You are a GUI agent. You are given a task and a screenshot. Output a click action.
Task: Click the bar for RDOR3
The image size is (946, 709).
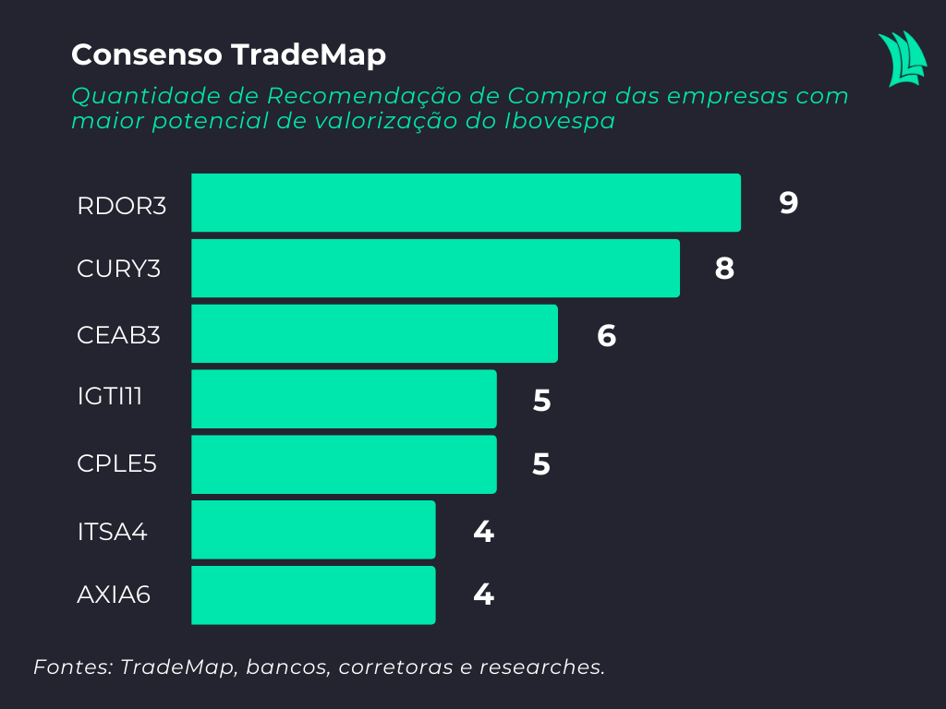(466, 202)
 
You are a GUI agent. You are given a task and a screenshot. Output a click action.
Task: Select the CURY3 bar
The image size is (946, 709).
(435, 268)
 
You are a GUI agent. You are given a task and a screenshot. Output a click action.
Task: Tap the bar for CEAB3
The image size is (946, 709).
(374, 333)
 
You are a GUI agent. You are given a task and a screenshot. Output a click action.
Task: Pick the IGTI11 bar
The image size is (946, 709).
(344, 399)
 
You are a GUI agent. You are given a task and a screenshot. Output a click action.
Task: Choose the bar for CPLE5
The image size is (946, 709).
(344, 464)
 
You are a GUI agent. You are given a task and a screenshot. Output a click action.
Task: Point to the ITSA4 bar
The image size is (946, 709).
(313, 530)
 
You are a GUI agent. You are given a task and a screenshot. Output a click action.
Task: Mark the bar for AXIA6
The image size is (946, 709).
(313, 595)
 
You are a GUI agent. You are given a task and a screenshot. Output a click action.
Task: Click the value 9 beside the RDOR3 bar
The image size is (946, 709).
(788, 203)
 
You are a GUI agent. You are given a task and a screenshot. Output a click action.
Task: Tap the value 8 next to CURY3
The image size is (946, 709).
(724, 269)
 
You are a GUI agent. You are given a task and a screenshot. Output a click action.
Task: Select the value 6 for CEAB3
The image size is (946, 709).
(606, 335)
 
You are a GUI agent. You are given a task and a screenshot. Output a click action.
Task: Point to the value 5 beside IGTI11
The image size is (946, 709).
(541, 401)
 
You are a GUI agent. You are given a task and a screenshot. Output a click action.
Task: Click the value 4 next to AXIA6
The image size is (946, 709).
(482, 595)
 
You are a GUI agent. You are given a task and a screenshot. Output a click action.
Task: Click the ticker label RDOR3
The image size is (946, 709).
(122, 205)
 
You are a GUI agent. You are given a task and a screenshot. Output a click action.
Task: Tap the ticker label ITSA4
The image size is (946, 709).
(113, 532)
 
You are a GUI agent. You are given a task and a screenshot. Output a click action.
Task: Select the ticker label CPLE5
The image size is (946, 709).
(117, 463)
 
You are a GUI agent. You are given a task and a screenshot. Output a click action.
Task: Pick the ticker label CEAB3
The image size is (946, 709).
(119, 334)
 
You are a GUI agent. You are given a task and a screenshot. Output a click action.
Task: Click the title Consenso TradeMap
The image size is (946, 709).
(228, 55)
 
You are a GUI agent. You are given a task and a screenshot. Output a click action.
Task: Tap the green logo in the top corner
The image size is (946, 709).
(902, 58)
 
